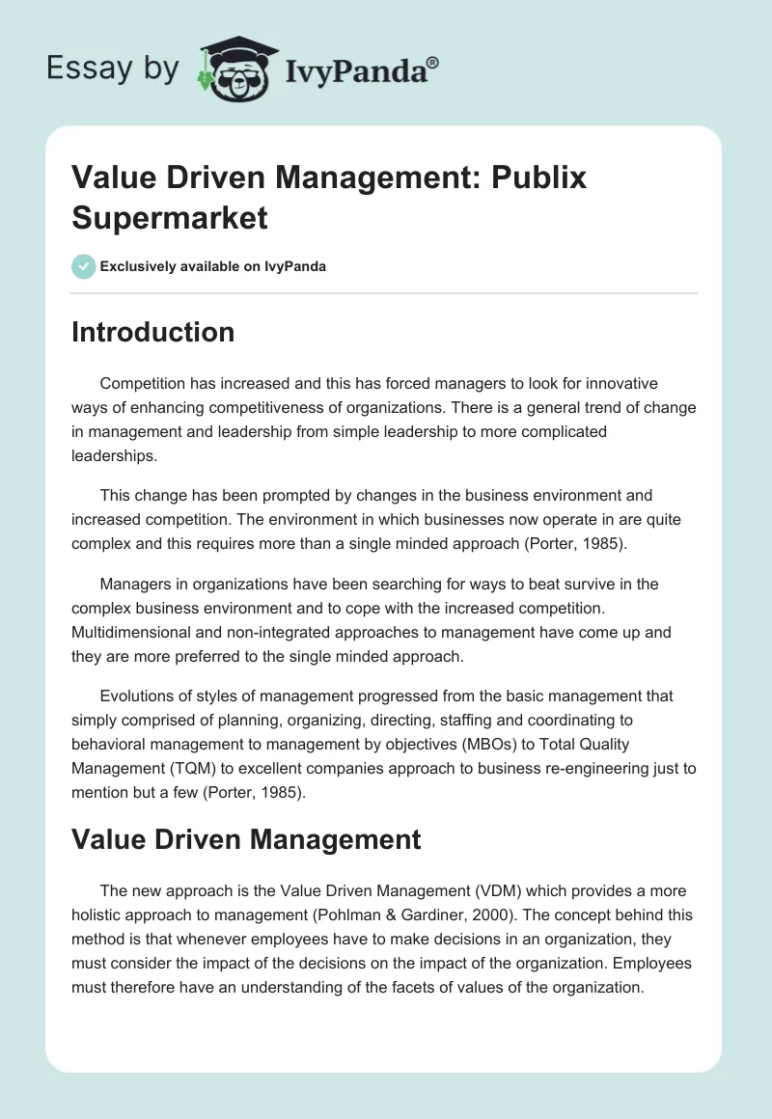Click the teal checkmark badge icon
click(x=83, y=266)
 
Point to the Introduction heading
click(x=153, y=332)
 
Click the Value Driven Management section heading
click(x=246, y=839)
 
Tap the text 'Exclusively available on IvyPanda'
click(x=212, y=266)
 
